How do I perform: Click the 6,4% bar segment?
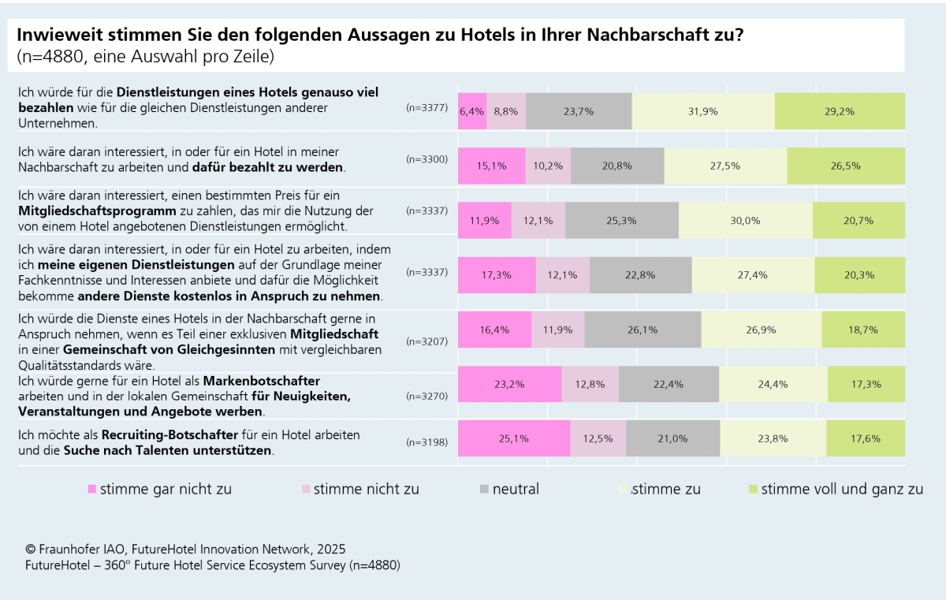(x=472, y=111)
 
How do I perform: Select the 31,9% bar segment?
(x=702, y=111)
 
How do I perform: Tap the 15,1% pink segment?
(x=491, y=166)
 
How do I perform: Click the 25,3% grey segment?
(x=621, y=220)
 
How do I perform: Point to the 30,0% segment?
(x=745, y=220)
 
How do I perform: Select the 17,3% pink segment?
(x=497, y=274)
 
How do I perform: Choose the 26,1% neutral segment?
(x=642, y=330)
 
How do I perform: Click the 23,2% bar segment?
(x=509, y=384)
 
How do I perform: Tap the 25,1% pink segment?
(x=513, y=438)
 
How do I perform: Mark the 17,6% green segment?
(x=865, y=438)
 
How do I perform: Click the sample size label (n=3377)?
(x=426, y=107)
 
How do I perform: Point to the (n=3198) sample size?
(x=426, y=442)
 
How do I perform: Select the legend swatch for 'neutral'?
(x=485, y=490)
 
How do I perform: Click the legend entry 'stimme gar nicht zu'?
(x=159, y=489)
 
